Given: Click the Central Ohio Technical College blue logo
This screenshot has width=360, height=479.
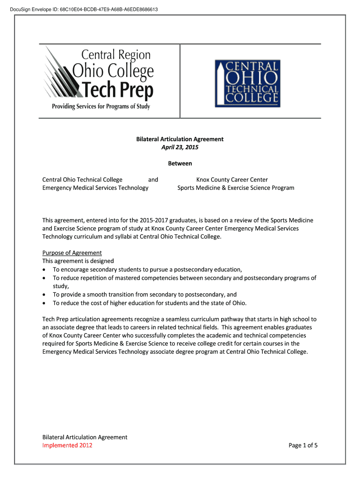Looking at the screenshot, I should coord(247,83).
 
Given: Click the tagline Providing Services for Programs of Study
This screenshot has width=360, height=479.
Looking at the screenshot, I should coord(101,106).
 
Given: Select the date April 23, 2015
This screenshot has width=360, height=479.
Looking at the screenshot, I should coord(180,147).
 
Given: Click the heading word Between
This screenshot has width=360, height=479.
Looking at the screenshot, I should coord(180,164).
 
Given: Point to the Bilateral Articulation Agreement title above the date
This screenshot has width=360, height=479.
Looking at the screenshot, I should coord(180,139).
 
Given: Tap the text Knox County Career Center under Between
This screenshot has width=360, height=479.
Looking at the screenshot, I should coord(232,180).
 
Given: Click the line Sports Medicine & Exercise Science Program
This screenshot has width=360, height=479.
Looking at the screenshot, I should coord(236,188).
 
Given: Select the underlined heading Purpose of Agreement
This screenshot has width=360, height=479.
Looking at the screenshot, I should coord(72,253).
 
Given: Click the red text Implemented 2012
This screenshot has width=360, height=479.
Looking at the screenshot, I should coord(67,445).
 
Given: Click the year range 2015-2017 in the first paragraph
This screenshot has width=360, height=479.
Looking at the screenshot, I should coord(162,220).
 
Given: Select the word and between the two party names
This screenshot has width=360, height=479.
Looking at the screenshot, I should coord(153,180).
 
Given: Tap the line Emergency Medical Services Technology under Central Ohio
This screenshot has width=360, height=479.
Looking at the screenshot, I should coord(95,188).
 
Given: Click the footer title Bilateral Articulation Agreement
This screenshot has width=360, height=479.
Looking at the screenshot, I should coord(85,437).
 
